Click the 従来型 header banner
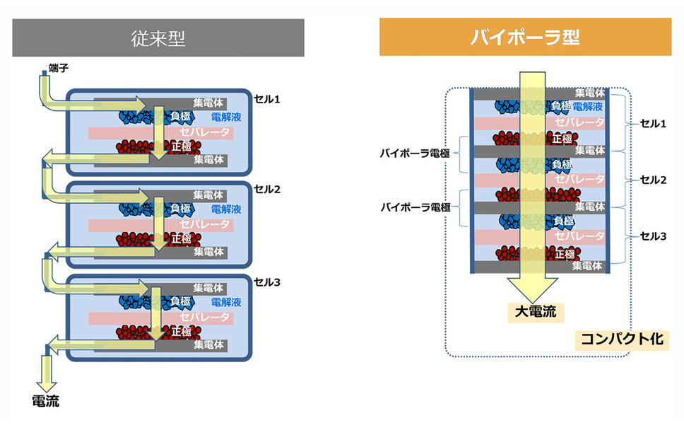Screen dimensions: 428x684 158,38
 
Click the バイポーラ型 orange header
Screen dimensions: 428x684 525,37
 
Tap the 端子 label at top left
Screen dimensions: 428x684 58,67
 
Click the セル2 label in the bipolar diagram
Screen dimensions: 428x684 653,180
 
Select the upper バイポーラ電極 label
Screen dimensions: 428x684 414,152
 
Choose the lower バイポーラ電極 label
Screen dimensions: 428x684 414,207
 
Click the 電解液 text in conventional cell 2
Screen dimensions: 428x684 226,209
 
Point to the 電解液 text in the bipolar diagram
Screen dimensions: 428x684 588,106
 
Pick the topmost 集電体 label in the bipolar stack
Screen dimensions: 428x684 589,93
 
